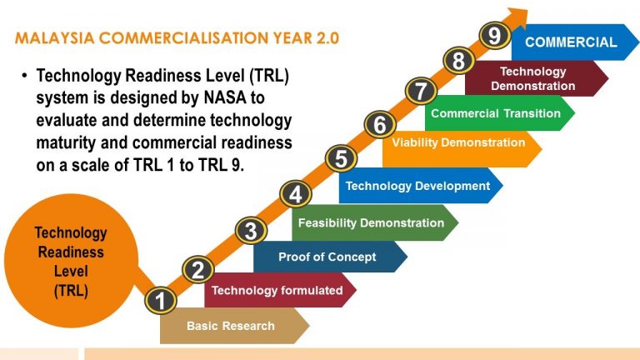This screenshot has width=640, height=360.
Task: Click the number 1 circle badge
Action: tap(160, 301)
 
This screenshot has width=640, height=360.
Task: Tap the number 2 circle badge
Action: tap(198, 269)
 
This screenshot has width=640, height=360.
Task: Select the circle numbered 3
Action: tap(251, 230)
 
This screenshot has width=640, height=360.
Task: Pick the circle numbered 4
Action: tap(296, 195)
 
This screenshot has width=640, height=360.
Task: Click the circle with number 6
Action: tap(380, 125)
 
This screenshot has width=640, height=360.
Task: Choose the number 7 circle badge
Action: tap(421, 90)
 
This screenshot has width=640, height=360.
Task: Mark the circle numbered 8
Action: tap(458, 61)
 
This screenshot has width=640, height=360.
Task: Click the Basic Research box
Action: tap(231, 326)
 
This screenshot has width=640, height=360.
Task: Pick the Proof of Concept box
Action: tap(327, 257)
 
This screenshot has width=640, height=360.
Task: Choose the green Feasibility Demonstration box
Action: tap(371, 222)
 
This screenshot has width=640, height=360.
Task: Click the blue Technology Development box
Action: tap(417, 186)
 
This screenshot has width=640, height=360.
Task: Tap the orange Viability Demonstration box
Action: tap(458, 142)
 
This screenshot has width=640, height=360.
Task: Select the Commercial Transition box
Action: tap(496, 113)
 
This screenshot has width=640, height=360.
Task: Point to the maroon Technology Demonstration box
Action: tap(532, 78)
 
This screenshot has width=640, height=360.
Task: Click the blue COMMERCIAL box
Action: tap(571, 42)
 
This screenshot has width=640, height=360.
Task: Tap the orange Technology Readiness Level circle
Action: tap(71, 262)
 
